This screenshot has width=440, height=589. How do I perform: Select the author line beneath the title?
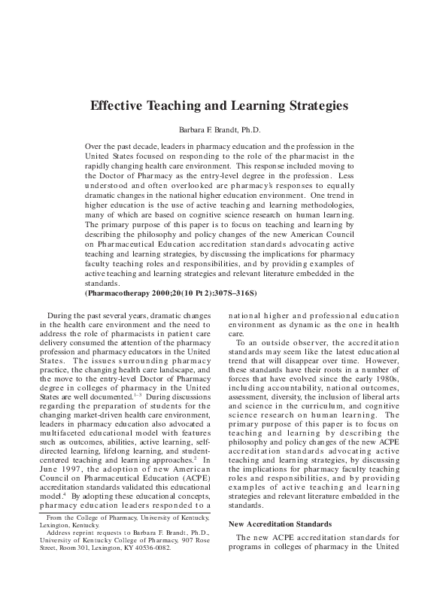(220, 130)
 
